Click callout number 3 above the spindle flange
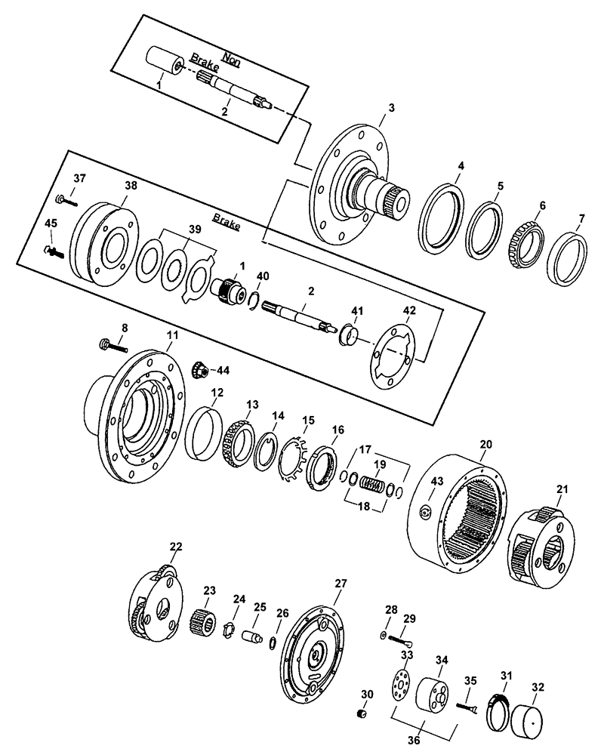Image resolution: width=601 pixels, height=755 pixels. pyautogui.click(x=390, y=108)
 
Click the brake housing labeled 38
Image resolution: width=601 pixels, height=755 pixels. pyautogui.click(x=104, y=242)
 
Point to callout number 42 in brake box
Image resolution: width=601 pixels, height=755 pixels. pyautogui.click(x=408, y=310)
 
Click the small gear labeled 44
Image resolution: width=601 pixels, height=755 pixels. pyautogui.click(x=200, y=370)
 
